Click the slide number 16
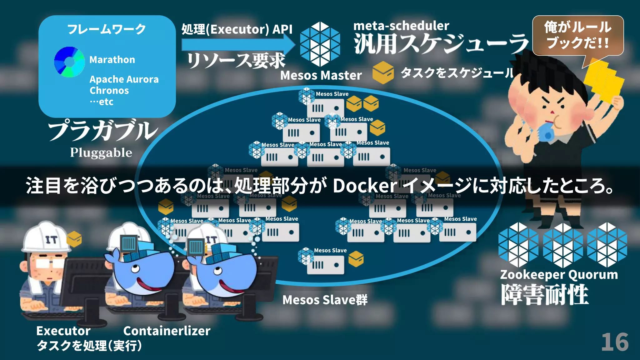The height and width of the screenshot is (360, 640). [615, 342]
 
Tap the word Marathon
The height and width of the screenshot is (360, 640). [112, 59]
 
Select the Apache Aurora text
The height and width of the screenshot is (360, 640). [124, 79]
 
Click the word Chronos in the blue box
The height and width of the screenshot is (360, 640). [109, 91]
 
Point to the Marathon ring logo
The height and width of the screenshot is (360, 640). [69, 62]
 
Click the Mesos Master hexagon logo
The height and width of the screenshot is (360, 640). [320, 44]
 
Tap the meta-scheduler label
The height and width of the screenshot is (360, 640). [401, 26]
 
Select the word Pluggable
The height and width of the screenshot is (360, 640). [101, 152]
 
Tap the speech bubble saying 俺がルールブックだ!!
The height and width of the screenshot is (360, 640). [578, 35]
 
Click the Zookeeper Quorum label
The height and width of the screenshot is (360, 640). [559, 275]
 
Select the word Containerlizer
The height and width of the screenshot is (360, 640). [167, 331]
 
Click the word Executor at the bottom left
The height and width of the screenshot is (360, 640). [63, 331]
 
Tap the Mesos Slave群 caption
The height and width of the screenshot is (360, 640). [325, 300]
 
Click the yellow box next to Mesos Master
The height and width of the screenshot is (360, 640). [383, 73]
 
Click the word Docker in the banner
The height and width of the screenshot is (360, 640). [365, 186]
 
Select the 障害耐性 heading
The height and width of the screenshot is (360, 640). [545, 294]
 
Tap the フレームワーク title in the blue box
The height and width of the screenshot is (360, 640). [107, 29]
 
